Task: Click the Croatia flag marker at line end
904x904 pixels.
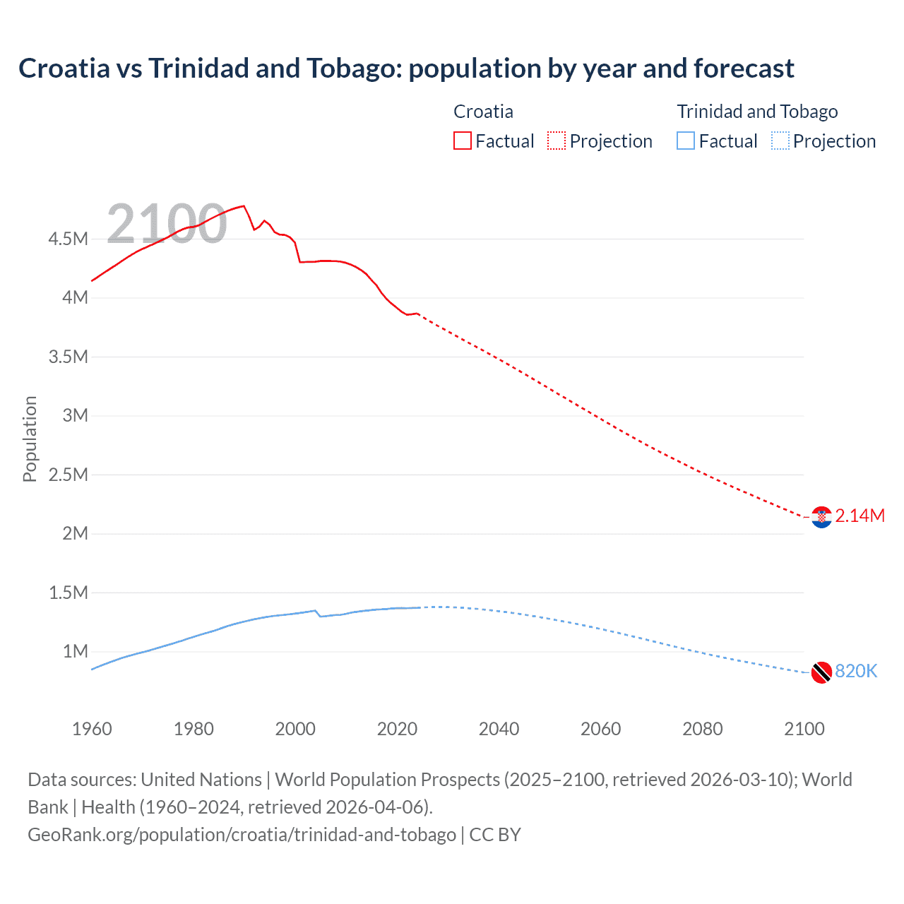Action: click(821, 517)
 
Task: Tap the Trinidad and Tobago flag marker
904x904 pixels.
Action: click(821, 672)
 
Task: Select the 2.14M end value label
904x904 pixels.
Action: click(860, 516)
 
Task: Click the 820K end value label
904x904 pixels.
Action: click(856, 671)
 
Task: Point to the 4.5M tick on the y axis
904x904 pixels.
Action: click(69, 239)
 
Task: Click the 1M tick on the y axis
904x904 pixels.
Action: click(76, 651)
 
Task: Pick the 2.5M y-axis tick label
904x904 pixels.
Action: click(69, 475)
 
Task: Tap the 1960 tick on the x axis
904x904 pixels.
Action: click(92, 729)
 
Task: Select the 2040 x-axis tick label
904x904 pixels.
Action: click(499, 729)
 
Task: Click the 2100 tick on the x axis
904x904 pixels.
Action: click(804, 729)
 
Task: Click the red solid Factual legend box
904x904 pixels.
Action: click(462, 141)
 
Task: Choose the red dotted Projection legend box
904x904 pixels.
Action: click(557, 141)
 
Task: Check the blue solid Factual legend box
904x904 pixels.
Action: click(686, 141)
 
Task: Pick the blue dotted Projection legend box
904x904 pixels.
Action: click(780, 141)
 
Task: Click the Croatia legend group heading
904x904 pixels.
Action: click(483, 112)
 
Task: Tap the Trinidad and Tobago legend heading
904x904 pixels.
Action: click(757, 112)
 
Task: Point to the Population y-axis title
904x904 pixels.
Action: click(30, 439)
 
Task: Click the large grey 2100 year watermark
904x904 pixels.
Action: click(167, 225)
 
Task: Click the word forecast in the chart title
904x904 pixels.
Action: click(744, 69)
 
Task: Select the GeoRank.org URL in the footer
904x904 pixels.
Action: click(242, 834)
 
